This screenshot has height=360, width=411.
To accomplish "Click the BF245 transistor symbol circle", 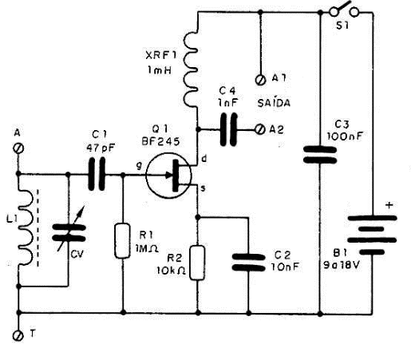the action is pyautogui.click(x=146, y=176).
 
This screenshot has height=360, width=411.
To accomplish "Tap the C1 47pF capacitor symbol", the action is pyautogui.click(x=97, y=174).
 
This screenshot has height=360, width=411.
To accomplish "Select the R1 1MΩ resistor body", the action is pyautogui.click(x=122, y=241).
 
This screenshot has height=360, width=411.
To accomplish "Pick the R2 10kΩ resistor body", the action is pyautogui.click(x=197, y=263).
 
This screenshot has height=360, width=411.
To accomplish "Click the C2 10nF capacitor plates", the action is pyautogui.click(x=248, y=263).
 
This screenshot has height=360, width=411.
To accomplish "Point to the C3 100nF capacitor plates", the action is pyautogui.click(x=320, y=155).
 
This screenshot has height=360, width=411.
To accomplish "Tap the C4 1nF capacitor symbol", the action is pyautogui.click(x=229, y=129).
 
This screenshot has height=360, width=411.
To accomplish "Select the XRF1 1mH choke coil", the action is pyautogui.click(x=191, y=69).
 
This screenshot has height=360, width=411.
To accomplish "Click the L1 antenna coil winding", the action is pyautogui.click(x=26, y=227).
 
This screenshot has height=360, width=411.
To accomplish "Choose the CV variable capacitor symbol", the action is pyautogui.click(x=69, y=233).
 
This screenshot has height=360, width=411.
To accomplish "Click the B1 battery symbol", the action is pyautogui.click(x=373, y=235).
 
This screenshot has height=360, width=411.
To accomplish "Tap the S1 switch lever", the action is pyautogui.click(x=344, y=7).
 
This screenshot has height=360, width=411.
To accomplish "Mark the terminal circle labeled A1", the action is pyautogui.click(x=260, y=80).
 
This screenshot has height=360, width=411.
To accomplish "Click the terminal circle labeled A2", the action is pyautogui.click(x=260, y=129).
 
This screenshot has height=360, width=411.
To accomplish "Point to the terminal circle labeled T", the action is pyautogui.click(x=18, y=335).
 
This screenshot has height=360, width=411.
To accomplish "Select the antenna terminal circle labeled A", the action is pyautogui.click(x=18, y=148).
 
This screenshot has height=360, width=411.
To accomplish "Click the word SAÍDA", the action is pyautogui.click(x=274, y=102).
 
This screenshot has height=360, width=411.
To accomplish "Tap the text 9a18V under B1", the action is pyautogui.click(x=342, y=265).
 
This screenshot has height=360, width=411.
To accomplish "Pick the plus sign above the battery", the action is pyautogui.click(x=389, y=205).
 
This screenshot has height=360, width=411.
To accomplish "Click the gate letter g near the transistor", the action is pyautogui.click(x=140, y=166).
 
